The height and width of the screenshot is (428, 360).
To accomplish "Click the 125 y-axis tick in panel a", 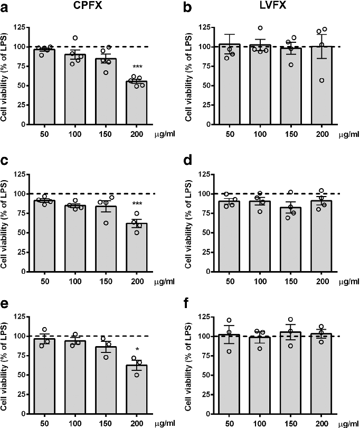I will pos(22,27).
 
